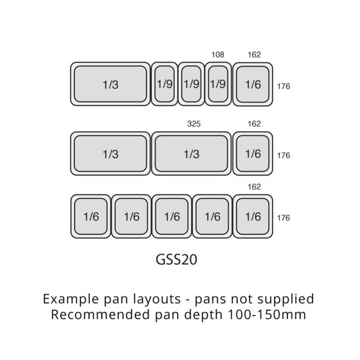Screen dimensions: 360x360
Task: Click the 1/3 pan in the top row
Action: (x=110, y=84)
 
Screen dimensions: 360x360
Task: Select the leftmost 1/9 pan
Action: (x=165, y=84)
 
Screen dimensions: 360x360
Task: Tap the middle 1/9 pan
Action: (x=191, y=84)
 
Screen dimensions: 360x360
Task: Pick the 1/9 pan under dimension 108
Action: (x=218, y=84)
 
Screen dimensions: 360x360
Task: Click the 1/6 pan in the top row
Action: (x=253, y=84)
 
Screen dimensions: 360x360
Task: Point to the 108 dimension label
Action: (x=218, y=55)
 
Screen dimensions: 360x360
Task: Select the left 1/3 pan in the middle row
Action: (x=110, y=154)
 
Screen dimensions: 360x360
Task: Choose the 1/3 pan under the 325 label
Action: (x=191, y=154)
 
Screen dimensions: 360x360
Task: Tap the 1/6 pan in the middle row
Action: (x=253, y=154)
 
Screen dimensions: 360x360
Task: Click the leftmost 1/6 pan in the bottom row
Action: (x=91, y=217)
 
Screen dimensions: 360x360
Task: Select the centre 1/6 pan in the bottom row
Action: (x=172, y=217)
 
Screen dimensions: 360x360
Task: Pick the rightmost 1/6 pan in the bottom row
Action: (x=253, y=217)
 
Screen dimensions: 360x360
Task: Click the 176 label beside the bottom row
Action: (x=283, y=218)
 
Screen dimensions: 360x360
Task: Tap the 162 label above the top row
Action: (x=254, y=55)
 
